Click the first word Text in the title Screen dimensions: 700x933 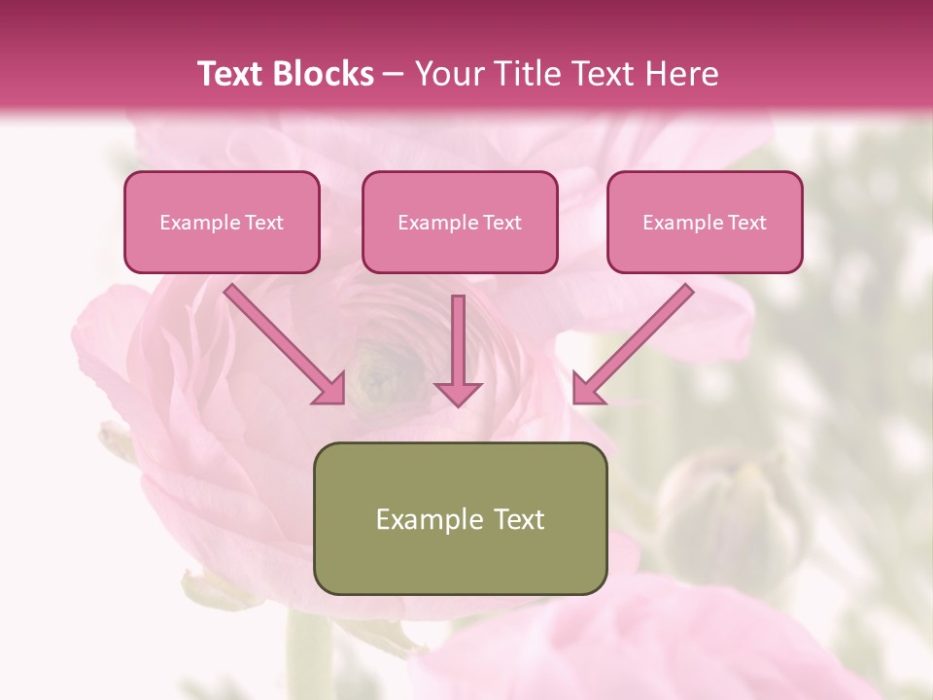(x=232, y=74)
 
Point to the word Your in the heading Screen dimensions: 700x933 (x=447, y=74)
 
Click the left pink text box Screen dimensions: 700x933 (x=222, y=223)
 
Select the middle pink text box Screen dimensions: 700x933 (x=460, y=223)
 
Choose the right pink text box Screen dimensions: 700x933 (x=705, y=223)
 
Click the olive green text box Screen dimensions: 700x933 (x=460, y=518)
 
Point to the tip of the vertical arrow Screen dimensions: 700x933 (x=458, y=402)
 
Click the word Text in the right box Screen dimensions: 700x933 (x=747, y=223)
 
